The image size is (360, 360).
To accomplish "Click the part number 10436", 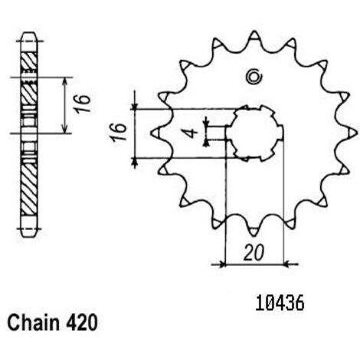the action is coord(280,303).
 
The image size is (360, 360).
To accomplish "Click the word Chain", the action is coord(34,322).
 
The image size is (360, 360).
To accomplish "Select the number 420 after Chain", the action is coord(82,322).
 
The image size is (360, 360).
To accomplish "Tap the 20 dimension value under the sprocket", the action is coord(254,254).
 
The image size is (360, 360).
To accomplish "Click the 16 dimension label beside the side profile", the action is coord(83,103).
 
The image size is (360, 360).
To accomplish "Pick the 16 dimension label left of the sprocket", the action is coord(119,132).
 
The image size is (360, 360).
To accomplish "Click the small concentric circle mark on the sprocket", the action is coord(254,76).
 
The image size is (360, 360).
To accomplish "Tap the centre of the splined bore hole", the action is coord(254,133).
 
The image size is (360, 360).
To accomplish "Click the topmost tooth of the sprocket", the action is coord(254,35).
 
